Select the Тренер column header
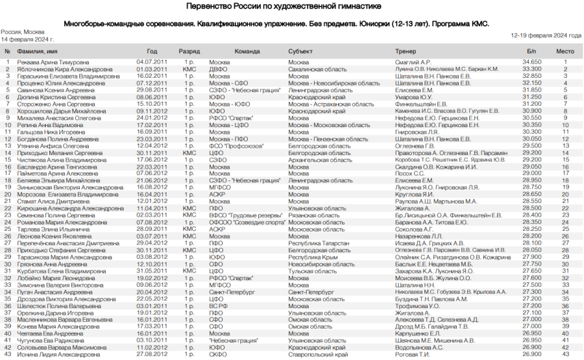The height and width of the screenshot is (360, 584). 406,51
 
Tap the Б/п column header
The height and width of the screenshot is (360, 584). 531,51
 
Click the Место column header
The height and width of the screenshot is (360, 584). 565,51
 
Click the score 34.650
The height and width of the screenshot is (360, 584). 531,62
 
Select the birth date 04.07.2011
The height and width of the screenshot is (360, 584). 152,62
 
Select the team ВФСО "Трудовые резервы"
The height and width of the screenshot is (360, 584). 238,215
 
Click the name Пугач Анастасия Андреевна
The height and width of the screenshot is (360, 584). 49,292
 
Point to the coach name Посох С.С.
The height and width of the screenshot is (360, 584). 410,174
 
